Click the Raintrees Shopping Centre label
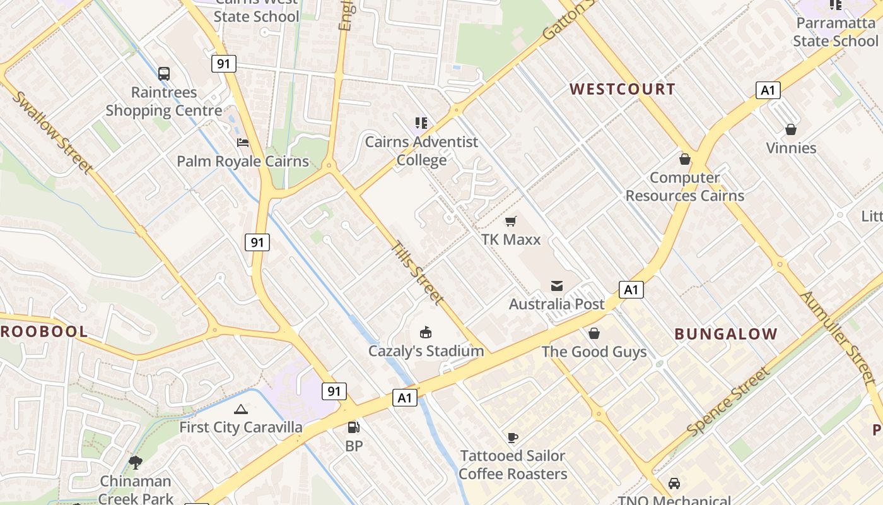coord(163,102)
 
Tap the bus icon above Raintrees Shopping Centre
coord(164,73)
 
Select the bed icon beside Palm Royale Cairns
coord(243,143)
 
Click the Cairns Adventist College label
coord(421,151)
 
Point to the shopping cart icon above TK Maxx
coord(511,221)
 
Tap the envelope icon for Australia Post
coord(557,286)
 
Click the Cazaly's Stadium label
coord(426,351)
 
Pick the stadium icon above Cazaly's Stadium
coord(426,332)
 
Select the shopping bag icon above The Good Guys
coord(594,333)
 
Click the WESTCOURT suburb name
coord(623,89)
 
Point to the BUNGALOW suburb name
coord(726,334)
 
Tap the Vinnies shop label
coord(791,148)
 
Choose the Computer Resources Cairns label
coord(684,187)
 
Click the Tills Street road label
coord(418,273)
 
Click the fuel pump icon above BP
coord(354,427)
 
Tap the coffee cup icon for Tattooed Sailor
coord(513,437)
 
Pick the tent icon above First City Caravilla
coord(240,409)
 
